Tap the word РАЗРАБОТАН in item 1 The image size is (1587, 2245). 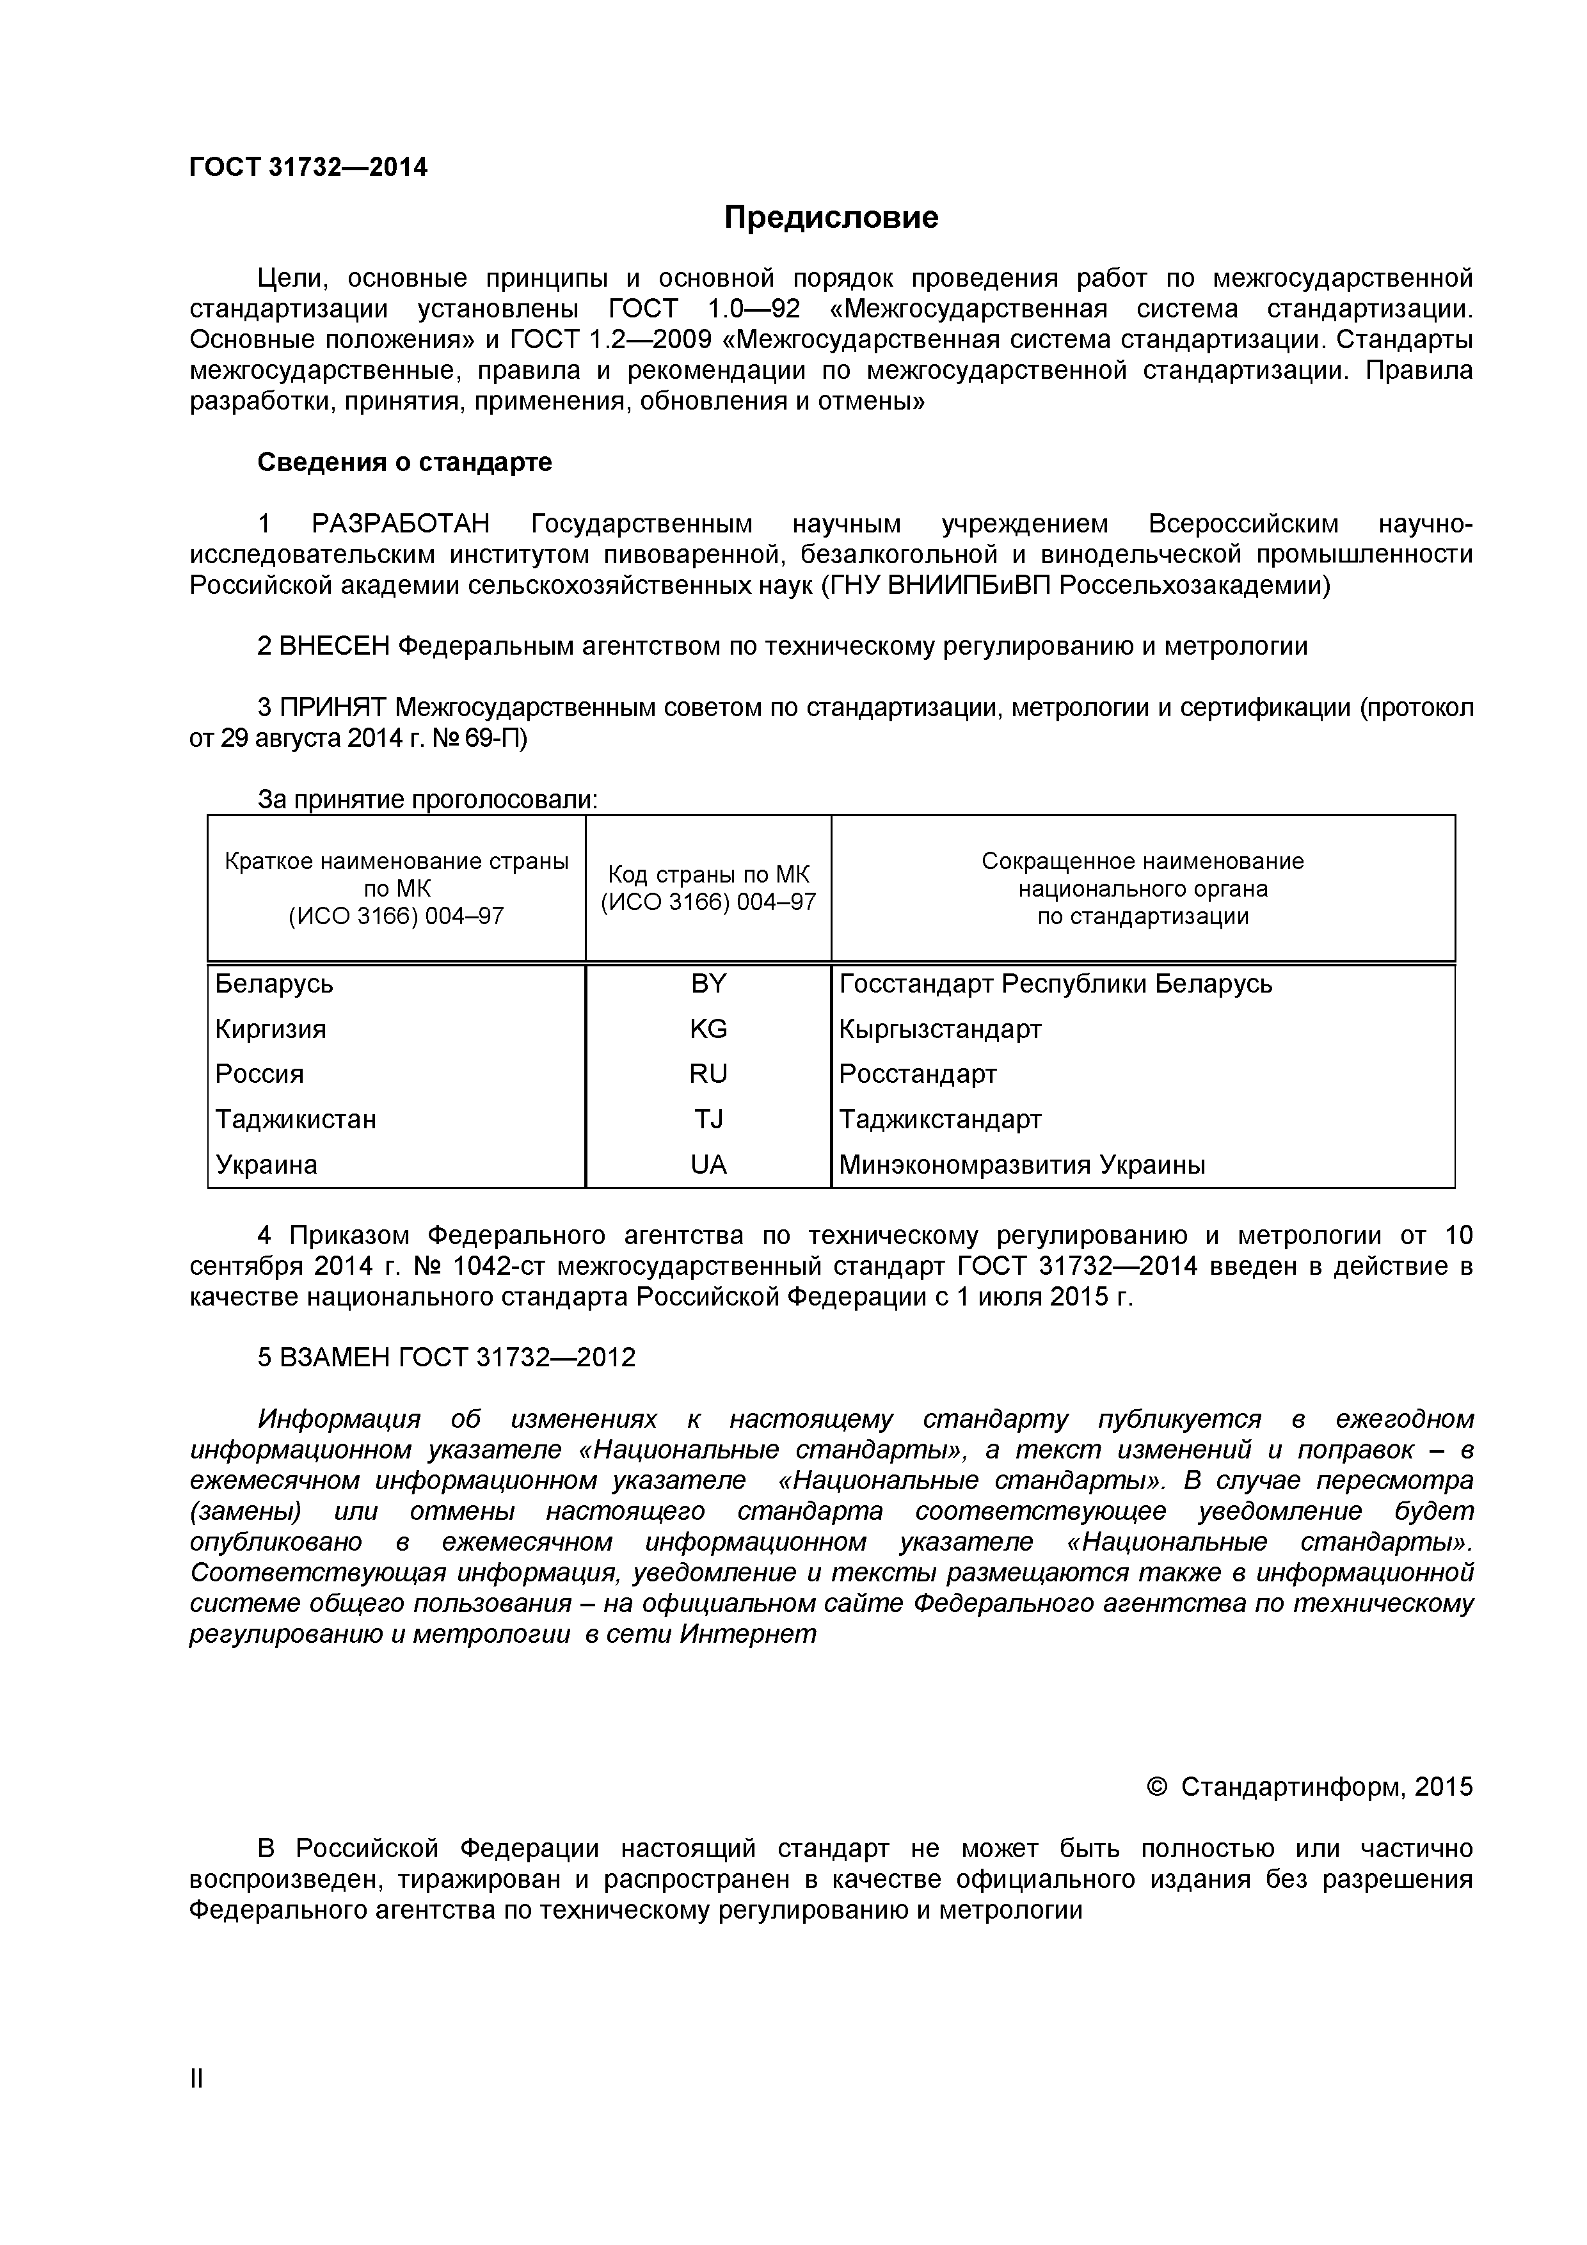pyautogui.click(x=400, y=524)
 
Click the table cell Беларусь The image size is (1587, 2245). pyautogui.click(x=274, y=984)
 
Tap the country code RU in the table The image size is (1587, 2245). pyautogui.click(x=708, y=1075)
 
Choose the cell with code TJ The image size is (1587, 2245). pyautogui.click(x=708, y=1119)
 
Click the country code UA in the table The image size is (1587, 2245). pyautogui.click(x=708, y=1165)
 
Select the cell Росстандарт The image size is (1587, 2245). pyautogui.click(x=917, y=1075)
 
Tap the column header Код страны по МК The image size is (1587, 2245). pyautogui.click(x=708, y=889)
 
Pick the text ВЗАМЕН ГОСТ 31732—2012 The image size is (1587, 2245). pyautogui.click(x=446, y=1358)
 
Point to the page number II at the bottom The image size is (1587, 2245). pyautogui.click(x=196, y=2106)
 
